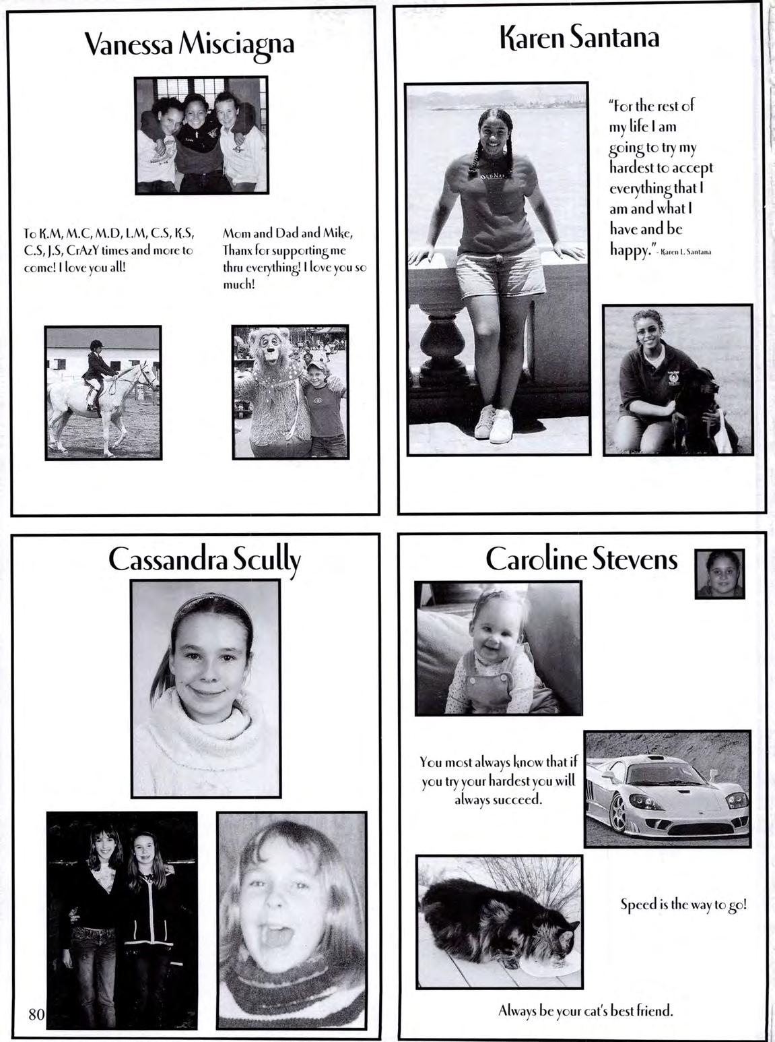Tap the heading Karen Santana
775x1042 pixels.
(x=579, y=38)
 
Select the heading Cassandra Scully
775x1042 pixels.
(x=204, y=560)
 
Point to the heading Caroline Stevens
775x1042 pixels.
(x=581, y=559)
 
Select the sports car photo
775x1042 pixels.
(x=667, y=788)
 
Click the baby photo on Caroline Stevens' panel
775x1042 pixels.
(x=498, y=647)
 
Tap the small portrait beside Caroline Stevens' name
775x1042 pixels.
(x=719, y=574)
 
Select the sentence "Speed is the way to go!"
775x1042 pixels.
(x=683, y=905)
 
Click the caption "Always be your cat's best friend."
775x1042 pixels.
(x=585, y=1011)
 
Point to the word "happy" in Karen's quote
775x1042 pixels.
(x=629, y=249)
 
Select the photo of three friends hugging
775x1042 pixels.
(x=201, y=135)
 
